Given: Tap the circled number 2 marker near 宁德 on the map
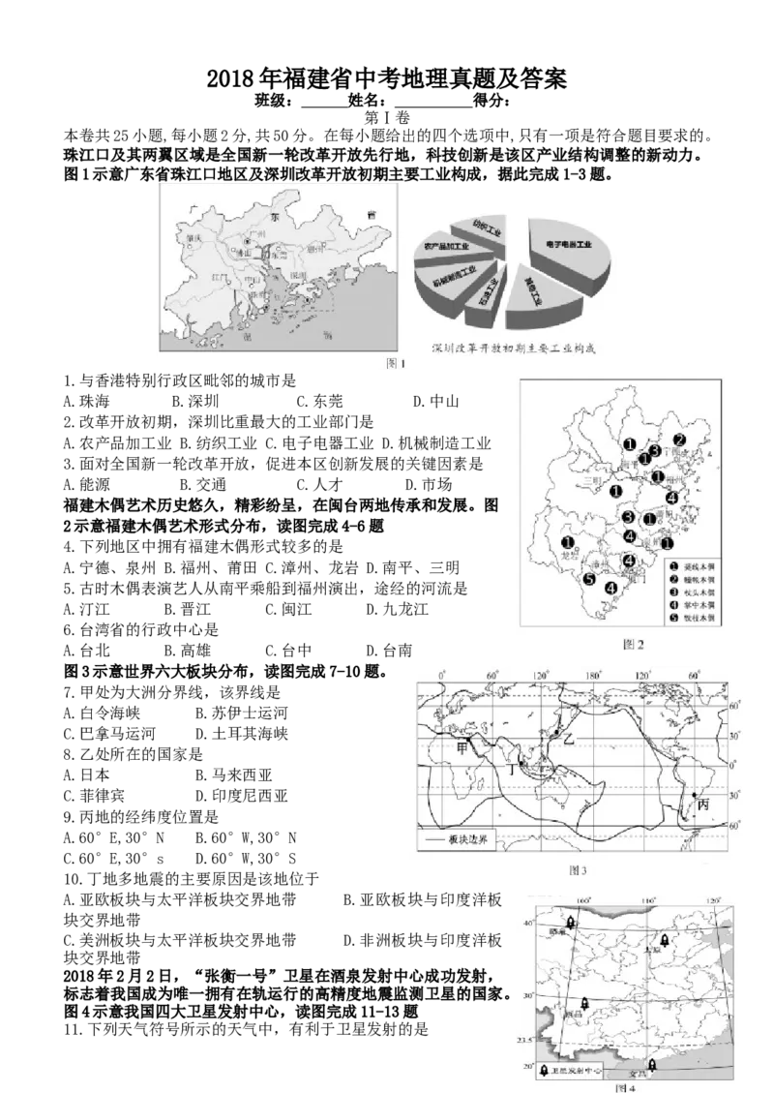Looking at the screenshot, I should coord(679,440).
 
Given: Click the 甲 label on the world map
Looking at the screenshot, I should coord(463,746).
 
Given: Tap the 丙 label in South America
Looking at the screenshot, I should coord(703,804).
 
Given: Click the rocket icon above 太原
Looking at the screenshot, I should coord(665,939).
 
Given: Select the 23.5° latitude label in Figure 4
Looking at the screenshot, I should coord(524,1041).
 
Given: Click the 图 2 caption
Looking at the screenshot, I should coord(633,643).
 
